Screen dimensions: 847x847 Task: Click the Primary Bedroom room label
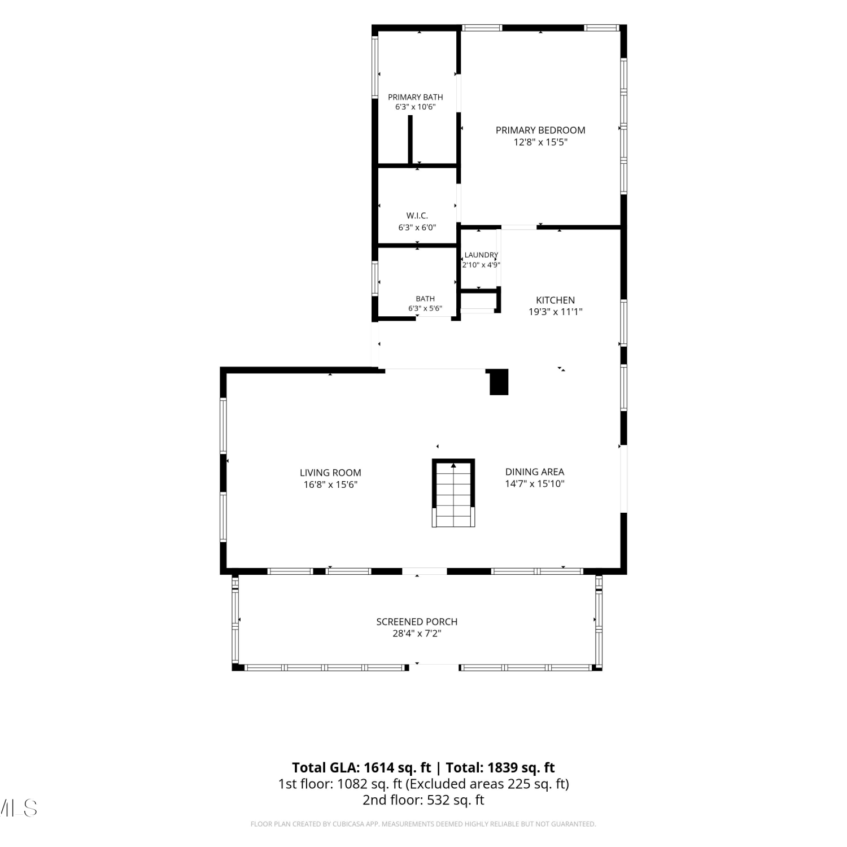click(540, 130)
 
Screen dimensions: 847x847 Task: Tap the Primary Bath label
click(416, 97)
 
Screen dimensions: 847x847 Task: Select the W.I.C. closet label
click(417, 216)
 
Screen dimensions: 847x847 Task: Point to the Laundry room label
click(481, 255)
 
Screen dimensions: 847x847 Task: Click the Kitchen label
click(556, 300)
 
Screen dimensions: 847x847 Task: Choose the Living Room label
click(330, 473)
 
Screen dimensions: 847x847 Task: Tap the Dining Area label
click(535, 471)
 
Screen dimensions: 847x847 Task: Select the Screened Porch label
click(417, 622)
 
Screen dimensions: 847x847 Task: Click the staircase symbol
click(453, 493)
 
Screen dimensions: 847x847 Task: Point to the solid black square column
click(499, 382)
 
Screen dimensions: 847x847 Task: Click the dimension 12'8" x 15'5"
click(540, 142)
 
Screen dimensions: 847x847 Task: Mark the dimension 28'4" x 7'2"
click(417, 634)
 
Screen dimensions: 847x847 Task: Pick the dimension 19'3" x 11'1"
click(556, 312)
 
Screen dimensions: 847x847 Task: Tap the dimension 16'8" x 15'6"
click(330, 484)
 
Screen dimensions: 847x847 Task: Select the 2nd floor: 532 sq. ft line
click(423, 800)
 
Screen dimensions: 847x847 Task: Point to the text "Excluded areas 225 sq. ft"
click(487, 784)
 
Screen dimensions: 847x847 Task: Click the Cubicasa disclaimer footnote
click(423, 824)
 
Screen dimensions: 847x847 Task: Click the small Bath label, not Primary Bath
click(425, 299)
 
